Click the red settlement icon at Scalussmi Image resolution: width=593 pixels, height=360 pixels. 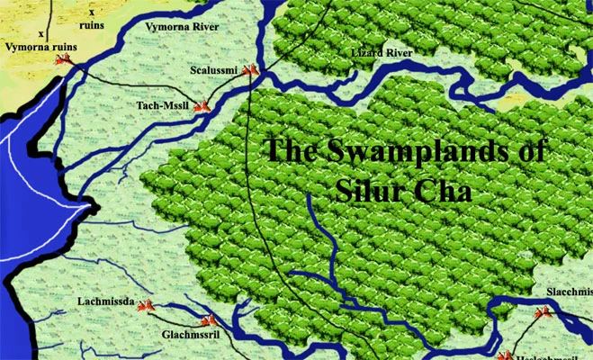coord(253,69)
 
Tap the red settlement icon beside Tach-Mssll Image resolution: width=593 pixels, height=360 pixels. coord(202,105)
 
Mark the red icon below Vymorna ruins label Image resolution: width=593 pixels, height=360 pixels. coord(63,59)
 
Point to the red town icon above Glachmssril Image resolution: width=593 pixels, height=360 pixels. coord(210,319)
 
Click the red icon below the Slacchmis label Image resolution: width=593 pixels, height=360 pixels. coord(542,312)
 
